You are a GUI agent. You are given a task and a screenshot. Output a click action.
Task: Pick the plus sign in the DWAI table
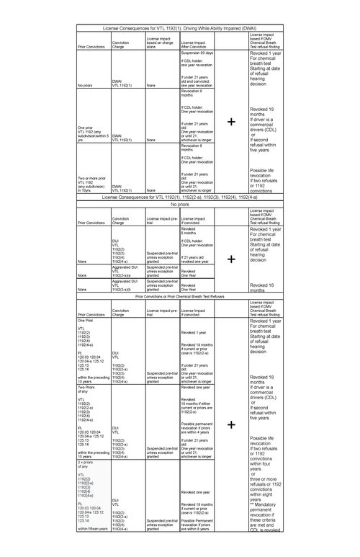click(x=231, y=122)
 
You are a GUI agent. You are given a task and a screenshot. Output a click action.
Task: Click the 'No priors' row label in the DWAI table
click(x=86, y=84)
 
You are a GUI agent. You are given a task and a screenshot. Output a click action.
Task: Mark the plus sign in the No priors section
click(x=231, y=258)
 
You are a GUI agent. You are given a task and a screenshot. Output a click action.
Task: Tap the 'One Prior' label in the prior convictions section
click(x=86, y=321)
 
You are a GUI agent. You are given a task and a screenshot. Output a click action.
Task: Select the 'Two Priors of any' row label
click(x=86, y=390)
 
